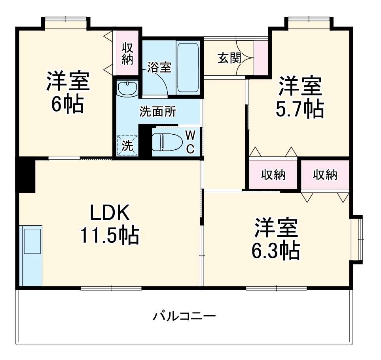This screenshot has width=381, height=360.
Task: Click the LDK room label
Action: [110, 214]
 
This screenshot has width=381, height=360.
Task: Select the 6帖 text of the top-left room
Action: [67, 104]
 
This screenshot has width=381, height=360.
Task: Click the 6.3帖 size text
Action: [276, 250]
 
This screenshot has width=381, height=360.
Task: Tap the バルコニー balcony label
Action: [184, 316]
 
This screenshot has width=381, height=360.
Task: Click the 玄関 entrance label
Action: [229, 58]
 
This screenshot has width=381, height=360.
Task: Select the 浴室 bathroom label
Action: [159, 67]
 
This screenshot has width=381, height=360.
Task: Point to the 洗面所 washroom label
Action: [157, 112]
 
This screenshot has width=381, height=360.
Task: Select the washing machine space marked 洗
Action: [127, 145]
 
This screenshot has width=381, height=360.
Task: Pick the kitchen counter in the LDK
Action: [31, 255]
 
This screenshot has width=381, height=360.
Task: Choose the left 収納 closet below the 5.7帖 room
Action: [273, 175]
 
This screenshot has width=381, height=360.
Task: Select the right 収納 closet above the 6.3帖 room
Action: [325, 175]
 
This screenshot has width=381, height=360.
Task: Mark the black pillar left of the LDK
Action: [25, 174]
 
